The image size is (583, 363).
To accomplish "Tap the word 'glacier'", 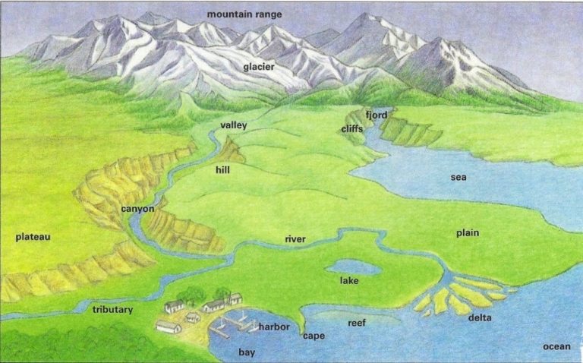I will coord(259,67).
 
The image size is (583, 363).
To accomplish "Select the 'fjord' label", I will coord(377,115).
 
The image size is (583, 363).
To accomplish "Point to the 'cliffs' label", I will coord(351,129).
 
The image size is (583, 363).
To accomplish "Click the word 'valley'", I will coord(234,125).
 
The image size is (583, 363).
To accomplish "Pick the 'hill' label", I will coord(222,170).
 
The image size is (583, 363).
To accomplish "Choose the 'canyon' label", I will coord(137,208).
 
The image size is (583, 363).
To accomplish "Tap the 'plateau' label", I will coord(33,237).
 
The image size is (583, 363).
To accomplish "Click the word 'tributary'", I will coord(112,310).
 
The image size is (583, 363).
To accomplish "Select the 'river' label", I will coord(295,239).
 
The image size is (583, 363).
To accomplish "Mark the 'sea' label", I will coord(459,178).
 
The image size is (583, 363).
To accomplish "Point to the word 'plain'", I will coord(468,232).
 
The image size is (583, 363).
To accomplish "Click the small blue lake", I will coord(353,267).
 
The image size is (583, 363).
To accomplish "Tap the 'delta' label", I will coord(479,317).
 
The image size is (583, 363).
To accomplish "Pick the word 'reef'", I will coord(357,323).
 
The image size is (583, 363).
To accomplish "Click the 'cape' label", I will coord(314,336).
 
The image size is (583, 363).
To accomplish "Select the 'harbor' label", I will coord(274,327).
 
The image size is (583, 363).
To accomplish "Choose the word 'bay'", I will coord(247,352).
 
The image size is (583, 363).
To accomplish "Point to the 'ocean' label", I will coord(556,346).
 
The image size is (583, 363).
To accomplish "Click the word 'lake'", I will coord(349,281).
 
